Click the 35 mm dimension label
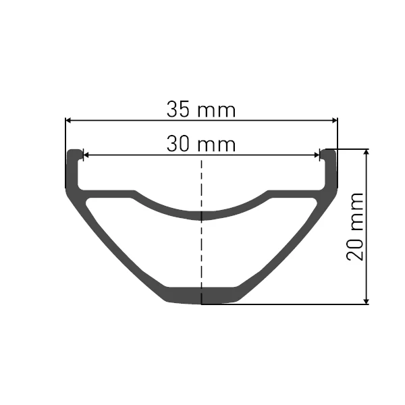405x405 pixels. pos(201,109)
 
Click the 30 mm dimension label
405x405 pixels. pos(201,144)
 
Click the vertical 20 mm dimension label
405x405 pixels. pos(355,227)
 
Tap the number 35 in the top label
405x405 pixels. pos(179,109)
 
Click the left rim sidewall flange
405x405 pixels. pos(73,169)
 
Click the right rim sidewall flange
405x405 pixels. pos(329,169)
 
